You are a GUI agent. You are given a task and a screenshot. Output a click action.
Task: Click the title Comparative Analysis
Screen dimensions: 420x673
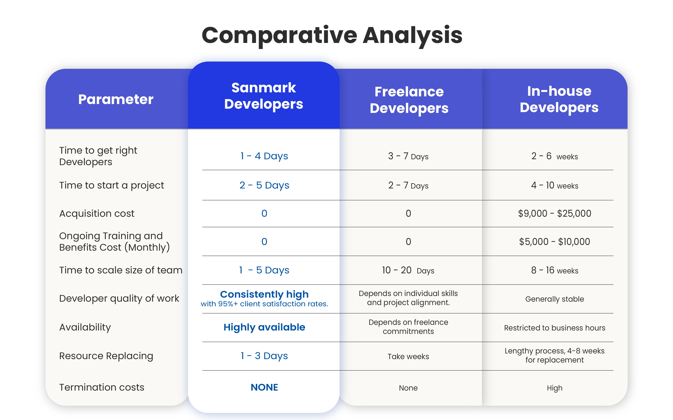click(x=332, y=35)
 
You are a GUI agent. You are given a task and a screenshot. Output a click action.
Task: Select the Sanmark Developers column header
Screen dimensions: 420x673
click(x=264, y=96)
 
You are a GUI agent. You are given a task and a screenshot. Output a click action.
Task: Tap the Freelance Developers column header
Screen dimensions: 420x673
click(x=409, y=100)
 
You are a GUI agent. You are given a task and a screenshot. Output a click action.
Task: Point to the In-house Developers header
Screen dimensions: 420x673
click(x=559, y=99)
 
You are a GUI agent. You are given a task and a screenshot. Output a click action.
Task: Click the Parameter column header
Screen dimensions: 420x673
click(x=116, y=99)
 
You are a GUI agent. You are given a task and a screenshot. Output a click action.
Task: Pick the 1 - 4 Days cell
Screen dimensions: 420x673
click(x=264, y=156)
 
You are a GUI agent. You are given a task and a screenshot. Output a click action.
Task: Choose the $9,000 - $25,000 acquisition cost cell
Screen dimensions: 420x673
click(x=554, y=213)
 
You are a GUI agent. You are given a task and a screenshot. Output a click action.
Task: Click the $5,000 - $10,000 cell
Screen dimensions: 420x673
click(x=554, y=242)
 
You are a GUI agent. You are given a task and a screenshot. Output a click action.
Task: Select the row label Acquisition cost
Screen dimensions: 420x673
click(x=97, y=213)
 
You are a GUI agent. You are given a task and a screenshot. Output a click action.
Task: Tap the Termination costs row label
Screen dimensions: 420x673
click(x=102, y=387)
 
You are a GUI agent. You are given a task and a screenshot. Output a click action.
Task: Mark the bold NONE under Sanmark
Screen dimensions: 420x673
click(x=264, y=387)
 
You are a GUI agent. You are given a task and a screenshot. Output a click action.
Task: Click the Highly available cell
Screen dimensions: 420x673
click(x=264, y=327)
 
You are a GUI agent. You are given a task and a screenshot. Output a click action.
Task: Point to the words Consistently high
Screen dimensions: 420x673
click(x=264, y=294)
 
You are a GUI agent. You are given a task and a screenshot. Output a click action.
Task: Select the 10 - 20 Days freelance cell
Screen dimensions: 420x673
click(x=408, y=270)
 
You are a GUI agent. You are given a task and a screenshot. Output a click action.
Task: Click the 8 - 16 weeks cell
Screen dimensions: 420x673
click(x=554, y=270)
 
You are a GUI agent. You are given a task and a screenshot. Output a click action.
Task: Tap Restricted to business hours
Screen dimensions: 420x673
click(x=554, y=328)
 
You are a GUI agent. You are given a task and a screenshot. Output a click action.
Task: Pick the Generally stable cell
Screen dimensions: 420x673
click(x=554, y=299)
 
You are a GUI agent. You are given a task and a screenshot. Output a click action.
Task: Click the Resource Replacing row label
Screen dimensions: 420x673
click(x=106, y=356)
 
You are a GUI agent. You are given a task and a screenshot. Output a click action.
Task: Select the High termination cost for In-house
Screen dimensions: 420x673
click(x=554, y=388)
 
